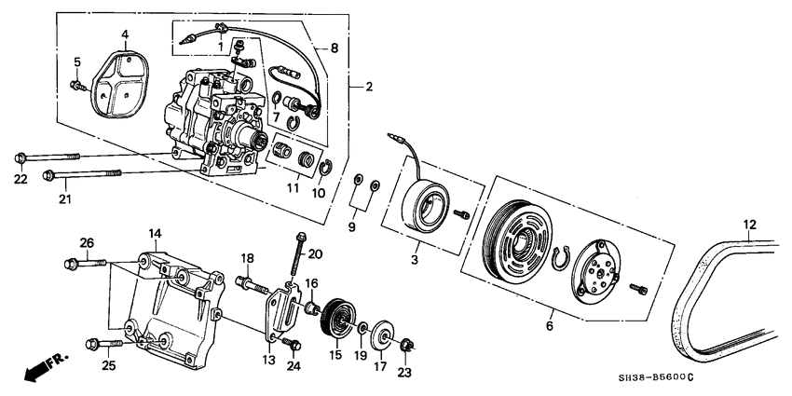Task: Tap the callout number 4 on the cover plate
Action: point(123,36)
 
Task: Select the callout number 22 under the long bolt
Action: point(20,179)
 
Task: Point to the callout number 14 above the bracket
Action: point(155,232)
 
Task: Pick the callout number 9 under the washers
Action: point(351,227)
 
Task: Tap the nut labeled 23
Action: point(407,348)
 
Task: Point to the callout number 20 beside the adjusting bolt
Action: point(315,253)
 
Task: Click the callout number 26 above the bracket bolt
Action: point(87,244)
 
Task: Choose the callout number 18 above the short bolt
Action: point(248,257)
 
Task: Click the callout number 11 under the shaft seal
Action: point(292,189)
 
